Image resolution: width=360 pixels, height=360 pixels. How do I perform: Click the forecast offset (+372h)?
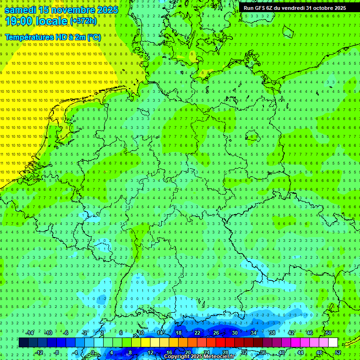coord(83,21)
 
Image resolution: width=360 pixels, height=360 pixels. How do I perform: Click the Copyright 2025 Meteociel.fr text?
coord(199,357)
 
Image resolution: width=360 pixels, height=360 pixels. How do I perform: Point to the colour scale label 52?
coord(338,352)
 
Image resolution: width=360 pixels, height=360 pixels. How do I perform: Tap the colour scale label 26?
coord(216,333)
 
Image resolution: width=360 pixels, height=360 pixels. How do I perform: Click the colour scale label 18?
coord(178,333)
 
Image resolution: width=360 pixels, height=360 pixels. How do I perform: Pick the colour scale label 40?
coord(281,352)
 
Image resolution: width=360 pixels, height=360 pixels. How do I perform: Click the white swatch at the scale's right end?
coord(333,343)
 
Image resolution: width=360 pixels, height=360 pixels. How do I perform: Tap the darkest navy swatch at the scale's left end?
coord(23,343)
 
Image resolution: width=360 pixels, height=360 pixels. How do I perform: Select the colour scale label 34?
coord(253,333)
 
